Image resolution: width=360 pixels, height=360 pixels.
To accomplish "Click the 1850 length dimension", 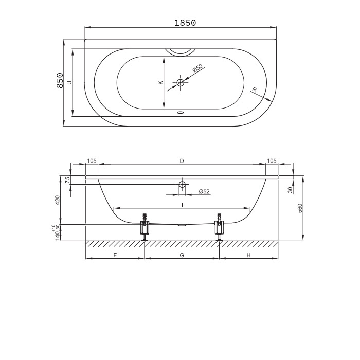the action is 185,23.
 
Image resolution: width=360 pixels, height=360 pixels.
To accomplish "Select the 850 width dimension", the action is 60,80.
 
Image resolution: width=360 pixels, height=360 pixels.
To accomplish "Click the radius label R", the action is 254,90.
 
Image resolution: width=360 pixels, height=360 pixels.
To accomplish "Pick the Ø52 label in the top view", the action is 198,68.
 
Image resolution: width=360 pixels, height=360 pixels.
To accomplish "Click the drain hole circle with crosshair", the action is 181,82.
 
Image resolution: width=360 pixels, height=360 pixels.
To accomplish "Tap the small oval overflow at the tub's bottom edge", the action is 181,113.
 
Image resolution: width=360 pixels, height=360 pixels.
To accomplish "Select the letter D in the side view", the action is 182,161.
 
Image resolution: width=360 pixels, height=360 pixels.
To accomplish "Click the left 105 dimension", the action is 92,161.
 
